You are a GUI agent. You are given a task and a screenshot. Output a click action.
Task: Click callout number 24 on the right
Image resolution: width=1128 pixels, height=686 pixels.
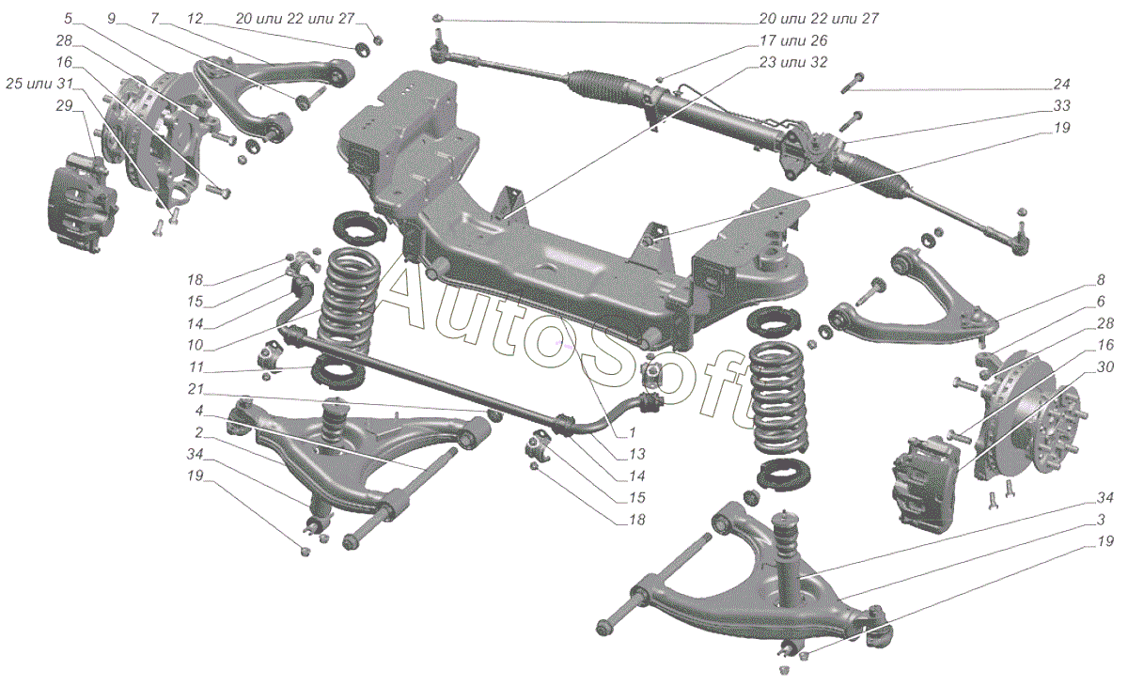(x=1061, y=84)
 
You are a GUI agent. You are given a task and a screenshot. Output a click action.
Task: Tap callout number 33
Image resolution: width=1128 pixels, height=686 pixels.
(x=1061, y=105)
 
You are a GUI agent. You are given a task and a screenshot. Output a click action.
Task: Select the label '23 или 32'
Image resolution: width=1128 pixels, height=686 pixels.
(x=793, y=62)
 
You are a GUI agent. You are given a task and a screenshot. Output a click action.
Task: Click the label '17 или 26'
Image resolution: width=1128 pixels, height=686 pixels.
(x=793, y=40)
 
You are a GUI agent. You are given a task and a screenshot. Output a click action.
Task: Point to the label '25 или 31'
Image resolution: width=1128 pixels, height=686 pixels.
(x=39, y=84)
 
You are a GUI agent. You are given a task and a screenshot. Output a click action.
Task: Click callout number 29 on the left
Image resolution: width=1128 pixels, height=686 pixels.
(x=65, y=105)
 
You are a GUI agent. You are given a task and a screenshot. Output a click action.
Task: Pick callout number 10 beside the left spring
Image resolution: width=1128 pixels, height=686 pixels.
(x=195, y=345)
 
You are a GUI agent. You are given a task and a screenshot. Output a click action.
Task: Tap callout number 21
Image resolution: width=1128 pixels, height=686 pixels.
(x=195, y=389)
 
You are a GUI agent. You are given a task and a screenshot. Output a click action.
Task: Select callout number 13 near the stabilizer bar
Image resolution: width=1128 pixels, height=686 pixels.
(x=637, y=454)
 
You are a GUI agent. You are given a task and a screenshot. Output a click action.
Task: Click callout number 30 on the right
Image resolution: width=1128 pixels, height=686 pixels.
(x=1104, y=366)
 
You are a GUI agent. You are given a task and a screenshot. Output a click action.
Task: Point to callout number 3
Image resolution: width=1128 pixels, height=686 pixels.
(x=1101, y=520)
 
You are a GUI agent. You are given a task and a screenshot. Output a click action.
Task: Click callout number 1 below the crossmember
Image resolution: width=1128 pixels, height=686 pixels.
(x=633, y=432)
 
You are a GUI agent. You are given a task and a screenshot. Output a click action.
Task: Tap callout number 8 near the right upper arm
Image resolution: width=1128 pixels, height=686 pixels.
(x=1101, y=280)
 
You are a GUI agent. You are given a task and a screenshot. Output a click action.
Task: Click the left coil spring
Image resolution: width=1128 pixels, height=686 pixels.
(x=348, y=303)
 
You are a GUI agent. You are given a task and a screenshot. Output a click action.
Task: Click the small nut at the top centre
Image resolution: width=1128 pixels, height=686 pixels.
(x=437, y=19)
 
